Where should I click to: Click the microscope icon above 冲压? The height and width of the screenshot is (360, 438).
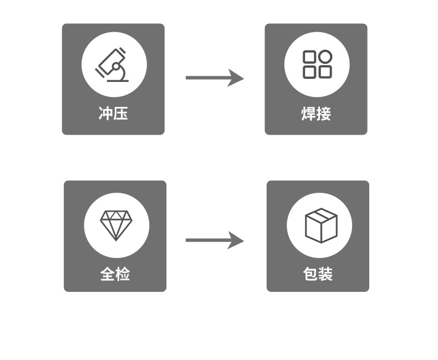point(114,65)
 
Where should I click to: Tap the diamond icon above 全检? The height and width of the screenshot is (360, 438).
point(116,225)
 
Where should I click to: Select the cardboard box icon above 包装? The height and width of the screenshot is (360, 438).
point(321,225)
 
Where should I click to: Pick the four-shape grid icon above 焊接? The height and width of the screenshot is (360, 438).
point(317,64)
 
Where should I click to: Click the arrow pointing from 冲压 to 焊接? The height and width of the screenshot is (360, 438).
point(214,78)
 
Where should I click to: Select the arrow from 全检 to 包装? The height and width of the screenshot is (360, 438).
point(214,240)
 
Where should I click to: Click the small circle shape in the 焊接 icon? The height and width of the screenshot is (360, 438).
point(325,57)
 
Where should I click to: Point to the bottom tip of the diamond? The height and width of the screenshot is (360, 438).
point(116,240)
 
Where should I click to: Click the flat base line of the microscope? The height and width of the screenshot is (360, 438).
point(118,81)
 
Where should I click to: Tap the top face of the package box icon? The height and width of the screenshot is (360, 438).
point(321,215)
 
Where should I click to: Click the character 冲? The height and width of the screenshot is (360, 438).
point(106,114)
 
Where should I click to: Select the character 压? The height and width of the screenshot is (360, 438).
point(121,114)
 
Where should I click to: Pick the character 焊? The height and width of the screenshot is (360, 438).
point(308,114)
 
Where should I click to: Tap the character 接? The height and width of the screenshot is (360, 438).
point(324,114)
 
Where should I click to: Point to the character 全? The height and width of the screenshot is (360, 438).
point(108,274)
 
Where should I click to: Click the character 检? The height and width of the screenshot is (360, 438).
point(123,274)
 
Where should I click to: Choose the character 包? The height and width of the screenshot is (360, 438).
point(310,274)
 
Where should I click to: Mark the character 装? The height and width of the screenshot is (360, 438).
point(325,274)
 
